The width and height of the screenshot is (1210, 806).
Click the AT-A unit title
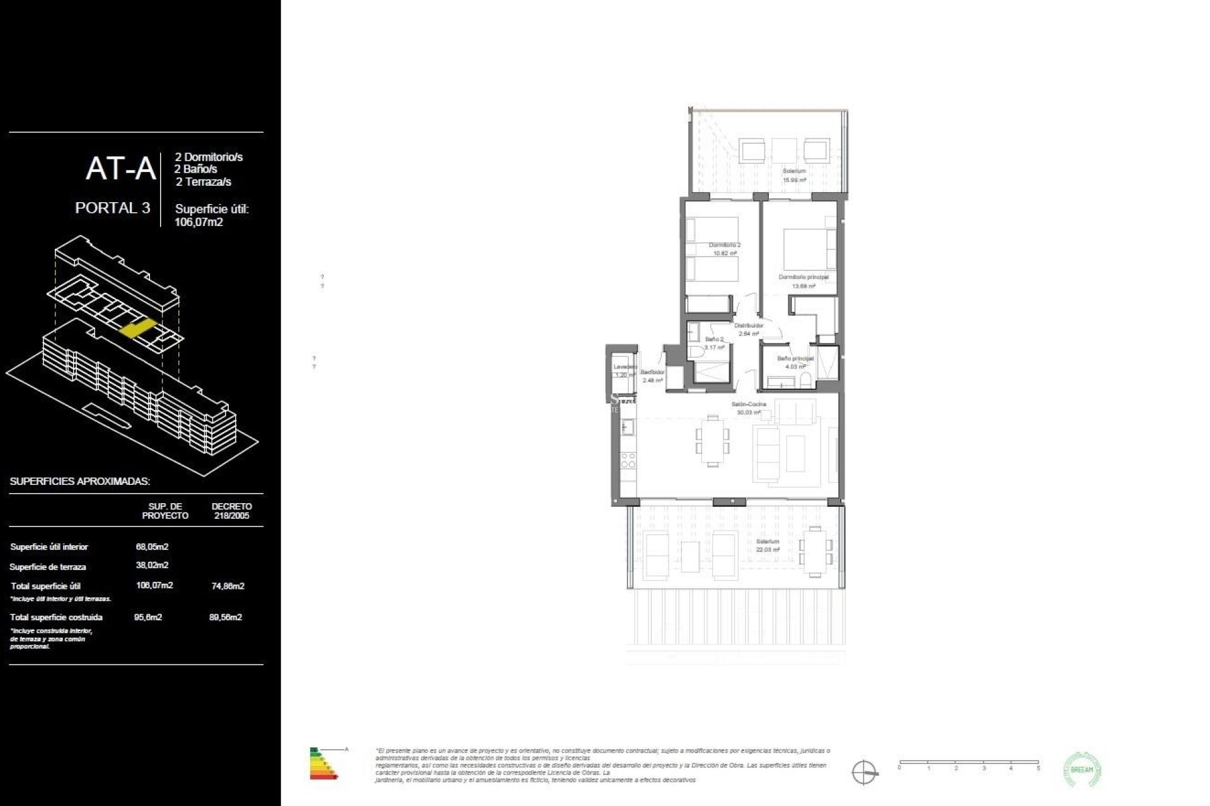pos(120,169)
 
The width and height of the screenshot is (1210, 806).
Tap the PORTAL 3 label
pos(112,208)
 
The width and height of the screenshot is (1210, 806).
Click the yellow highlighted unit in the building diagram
pos(137,328)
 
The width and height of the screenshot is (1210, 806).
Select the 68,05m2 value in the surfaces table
pos(152,547)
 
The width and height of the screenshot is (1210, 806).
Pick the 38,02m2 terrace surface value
pos(152,565)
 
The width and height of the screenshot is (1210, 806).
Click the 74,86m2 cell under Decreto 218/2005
pos(228,586)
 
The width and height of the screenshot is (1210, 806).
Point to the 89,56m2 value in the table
pos(225,617)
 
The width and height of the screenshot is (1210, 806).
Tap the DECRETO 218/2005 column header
pos(231,511)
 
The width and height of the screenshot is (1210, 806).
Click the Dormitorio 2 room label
pos(724,249)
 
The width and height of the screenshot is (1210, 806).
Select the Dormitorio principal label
pos(803,281)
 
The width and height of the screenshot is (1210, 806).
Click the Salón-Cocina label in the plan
pos(749,407)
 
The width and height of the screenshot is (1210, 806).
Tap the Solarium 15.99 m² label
pos(794,175)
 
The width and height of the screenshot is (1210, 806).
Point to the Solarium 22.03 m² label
pos(768,545)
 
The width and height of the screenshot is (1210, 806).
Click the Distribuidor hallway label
pos(749,329)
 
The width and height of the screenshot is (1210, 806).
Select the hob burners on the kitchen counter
pos(628,460)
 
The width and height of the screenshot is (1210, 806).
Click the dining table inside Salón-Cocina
pos(712,440)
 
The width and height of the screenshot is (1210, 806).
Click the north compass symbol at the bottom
pos(864,772)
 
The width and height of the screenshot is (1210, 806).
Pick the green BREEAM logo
pos(1082,769)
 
